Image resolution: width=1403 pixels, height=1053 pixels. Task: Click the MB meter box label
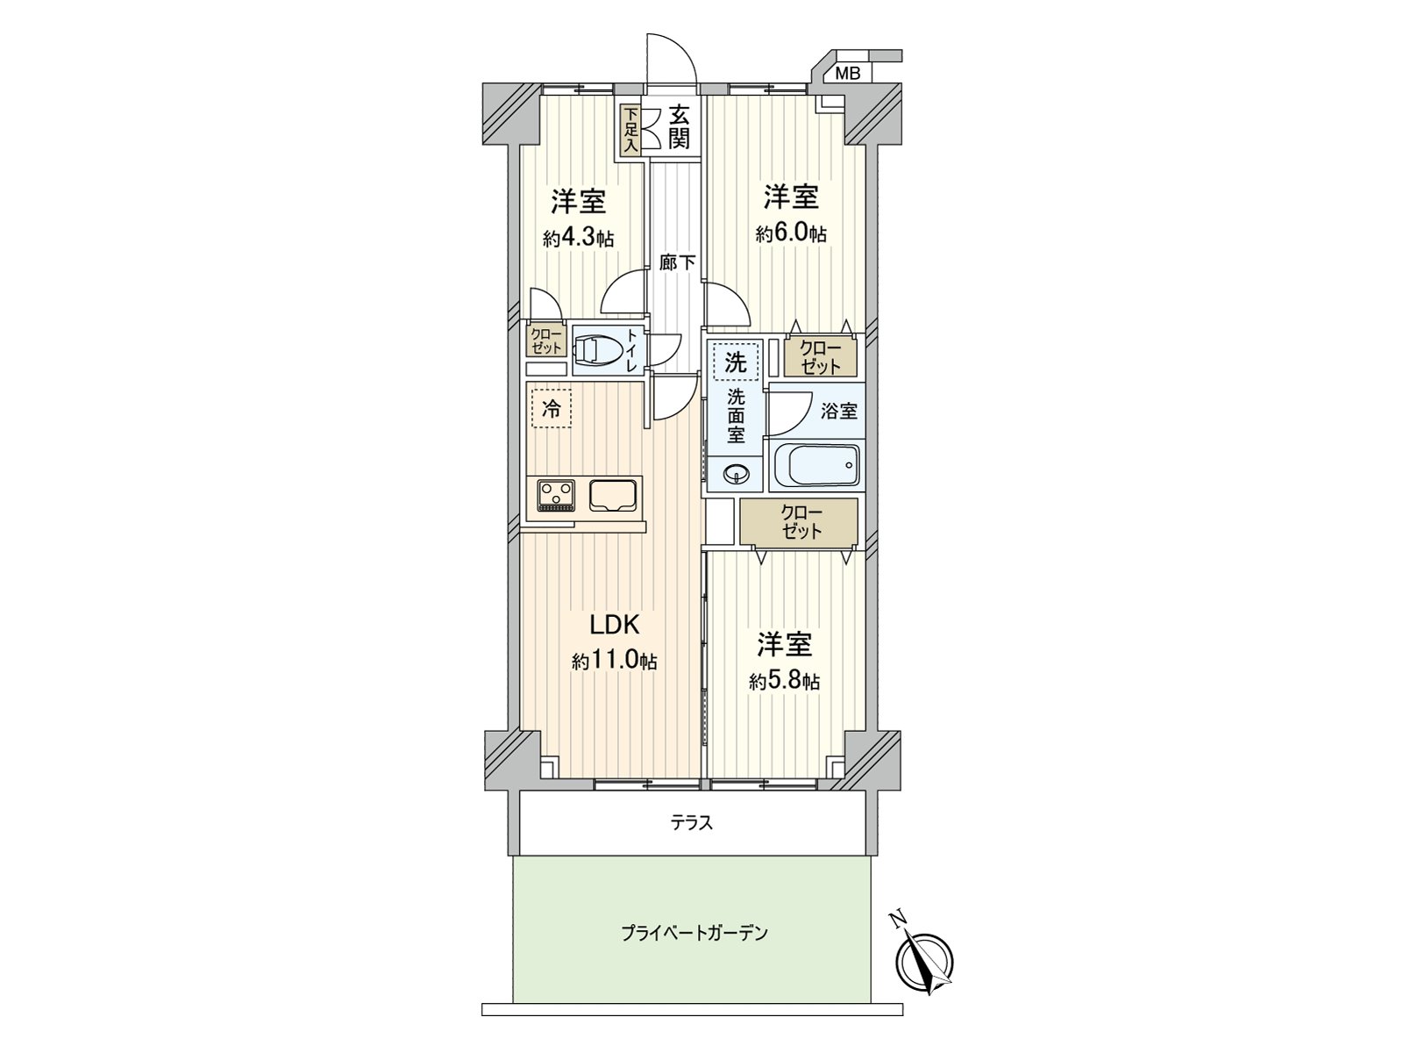point(848,74)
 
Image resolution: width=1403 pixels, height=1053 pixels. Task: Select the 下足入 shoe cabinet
point(630,131)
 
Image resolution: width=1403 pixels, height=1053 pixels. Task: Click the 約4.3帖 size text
point(579,239)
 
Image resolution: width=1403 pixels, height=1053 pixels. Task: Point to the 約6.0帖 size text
point(791,233)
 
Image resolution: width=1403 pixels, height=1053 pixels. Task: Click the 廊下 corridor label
point(677,262)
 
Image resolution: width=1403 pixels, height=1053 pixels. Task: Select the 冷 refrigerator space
point(551,408)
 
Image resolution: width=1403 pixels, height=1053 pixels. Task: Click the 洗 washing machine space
point(735,362)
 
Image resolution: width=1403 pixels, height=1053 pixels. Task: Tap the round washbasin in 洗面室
point(735,474)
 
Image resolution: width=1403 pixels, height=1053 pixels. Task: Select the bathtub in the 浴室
point(817,465)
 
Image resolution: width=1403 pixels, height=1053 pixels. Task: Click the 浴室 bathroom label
point(838,411)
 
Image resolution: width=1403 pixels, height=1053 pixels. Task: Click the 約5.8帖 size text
point(784,682)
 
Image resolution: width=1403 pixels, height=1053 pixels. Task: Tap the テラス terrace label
point(692,822)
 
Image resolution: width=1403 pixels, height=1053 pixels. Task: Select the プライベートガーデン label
point(694,934)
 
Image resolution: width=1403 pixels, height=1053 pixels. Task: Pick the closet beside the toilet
point(546,341)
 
